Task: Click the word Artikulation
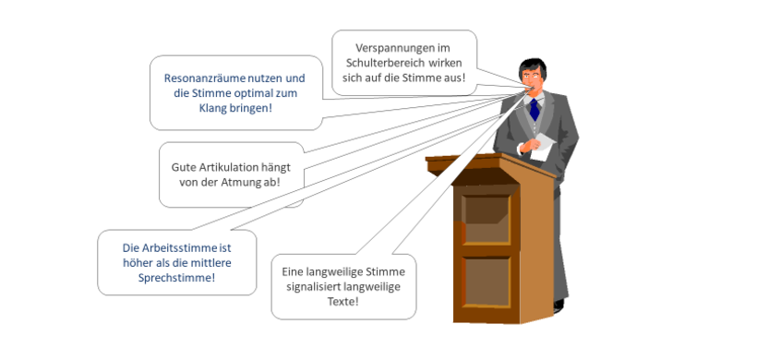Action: pyautogui.click(x=225, y=167)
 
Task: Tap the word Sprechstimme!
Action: pyautogui.click(x=176, y=277)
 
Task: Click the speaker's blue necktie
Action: pyautogui.click(x=534, y=109)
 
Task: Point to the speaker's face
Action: pyautogui.click(x=534, y=78)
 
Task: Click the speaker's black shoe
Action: pyautogui.click(x=558, y=304)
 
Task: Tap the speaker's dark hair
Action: pyautogui.click(x=532, y=64)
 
